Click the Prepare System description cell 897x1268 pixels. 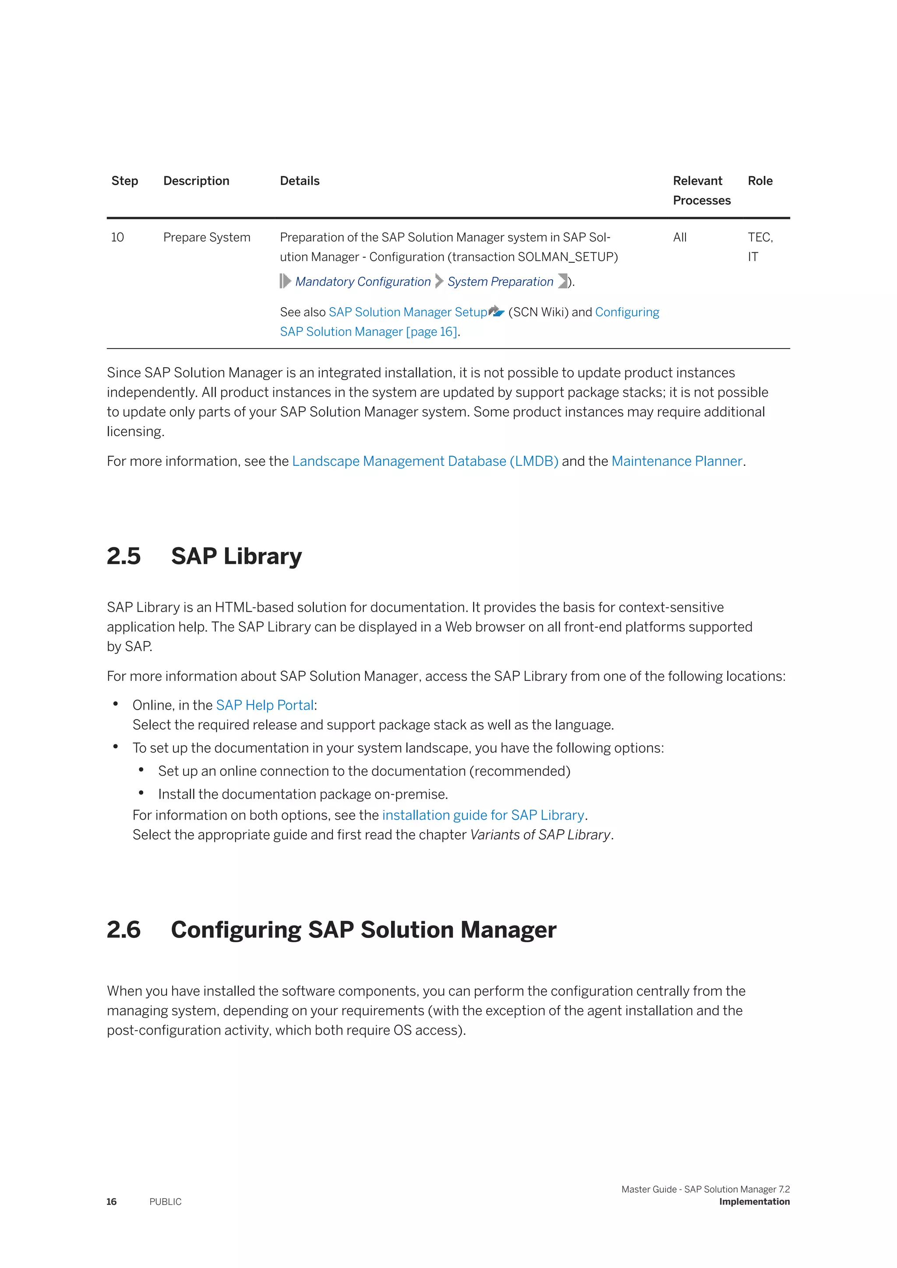207,237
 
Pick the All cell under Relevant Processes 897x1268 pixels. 679,237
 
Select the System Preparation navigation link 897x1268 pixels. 500,282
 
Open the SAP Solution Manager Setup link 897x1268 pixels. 408,312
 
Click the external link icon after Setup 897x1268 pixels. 497,311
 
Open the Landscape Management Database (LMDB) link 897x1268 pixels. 425,461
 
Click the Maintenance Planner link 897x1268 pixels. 677,461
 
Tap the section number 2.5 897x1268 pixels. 123,556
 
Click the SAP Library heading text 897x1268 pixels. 237,556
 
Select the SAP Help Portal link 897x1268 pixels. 265,705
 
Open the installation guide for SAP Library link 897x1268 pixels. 483,815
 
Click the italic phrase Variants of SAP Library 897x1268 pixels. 540,835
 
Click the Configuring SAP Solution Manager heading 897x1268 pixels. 363,930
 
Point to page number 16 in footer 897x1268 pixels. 112,1202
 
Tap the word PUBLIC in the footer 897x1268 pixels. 165,1202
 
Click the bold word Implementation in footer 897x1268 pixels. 754,1202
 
